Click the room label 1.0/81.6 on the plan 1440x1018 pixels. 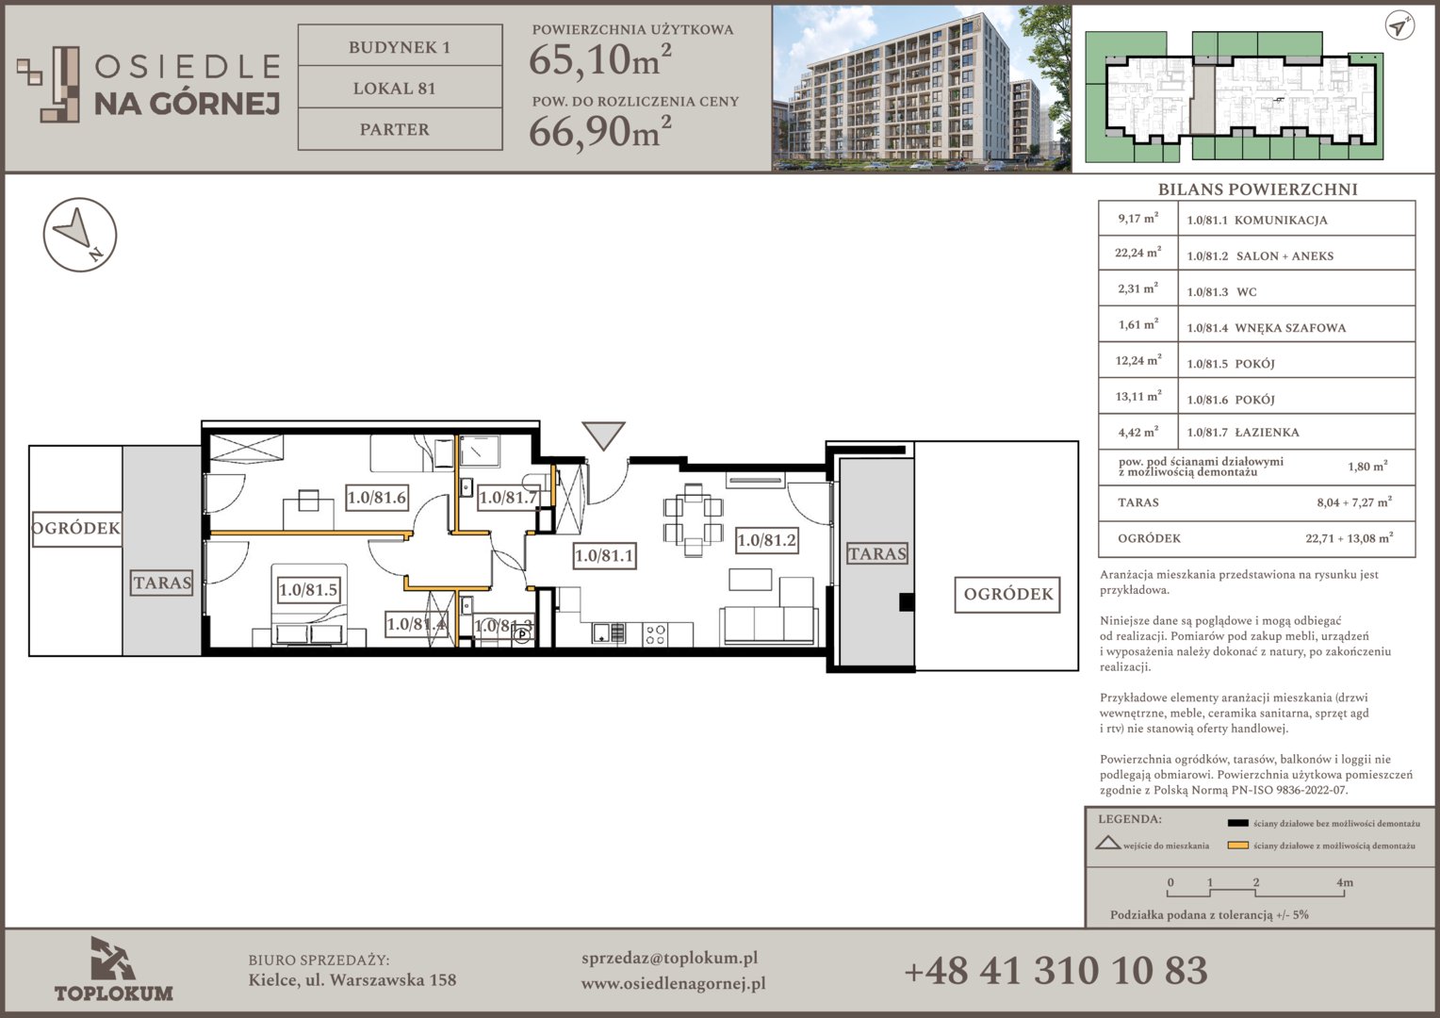click(377, 497)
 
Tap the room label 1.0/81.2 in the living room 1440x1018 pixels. click(766, 540)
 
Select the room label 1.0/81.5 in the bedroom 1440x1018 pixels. click(308, 590)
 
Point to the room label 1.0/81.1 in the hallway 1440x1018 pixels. click(604, 555)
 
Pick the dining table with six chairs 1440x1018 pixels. click(693, 519)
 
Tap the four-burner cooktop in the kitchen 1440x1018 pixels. click(655, 634)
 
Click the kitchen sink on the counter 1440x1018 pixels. click(608, 633)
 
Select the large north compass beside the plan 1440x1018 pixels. click(80, 234)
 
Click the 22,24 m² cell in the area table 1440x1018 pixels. click(1137, 253)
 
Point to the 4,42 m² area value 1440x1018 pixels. click(1137, 432)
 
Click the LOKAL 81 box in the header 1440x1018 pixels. click(400, 88)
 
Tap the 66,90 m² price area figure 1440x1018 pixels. click(599, 131)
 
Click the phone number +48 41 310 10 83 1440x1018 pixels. click(1055, 971)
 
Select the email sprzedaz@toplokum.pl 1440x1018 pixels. click(669, 959)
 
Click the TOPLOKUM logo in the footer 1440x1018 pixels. click(114, 969)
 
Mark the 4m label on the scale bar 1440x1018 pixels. click(1345, 882)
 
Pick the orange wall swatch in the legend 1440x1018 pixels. click(1237, 846)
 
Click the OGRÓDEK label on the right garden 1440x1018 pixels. click(1008, 594)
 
